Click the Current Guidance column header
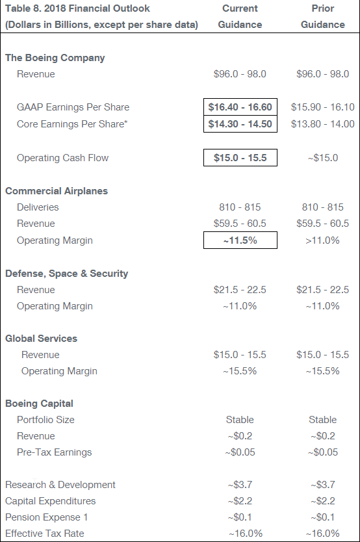240,16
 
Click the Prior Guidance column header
323,16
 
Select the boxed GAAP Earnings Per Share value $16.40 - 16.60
240,107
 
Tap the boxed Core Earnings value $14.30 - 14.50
240,123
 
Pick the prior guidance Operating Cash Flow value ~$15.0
323,158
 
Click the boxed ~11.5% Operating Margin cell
240,240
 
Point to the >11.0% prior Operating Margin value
322,240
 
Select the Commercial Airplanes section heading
57,191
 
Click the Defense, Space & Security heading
66,274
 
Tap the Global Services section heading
41,339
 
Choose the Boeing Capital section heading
39,404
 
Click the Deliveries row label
38,207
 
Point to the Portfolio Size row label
45,420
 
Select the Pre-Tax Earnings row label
54,452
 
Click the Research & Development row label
60,485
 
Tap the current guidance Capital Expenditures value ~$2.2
240,501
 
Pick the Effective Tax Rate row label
45,534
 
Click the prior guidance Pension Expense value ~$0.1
323,517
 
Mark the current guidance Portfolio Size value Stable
240,420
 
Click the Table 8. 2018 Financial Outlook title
77,8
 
